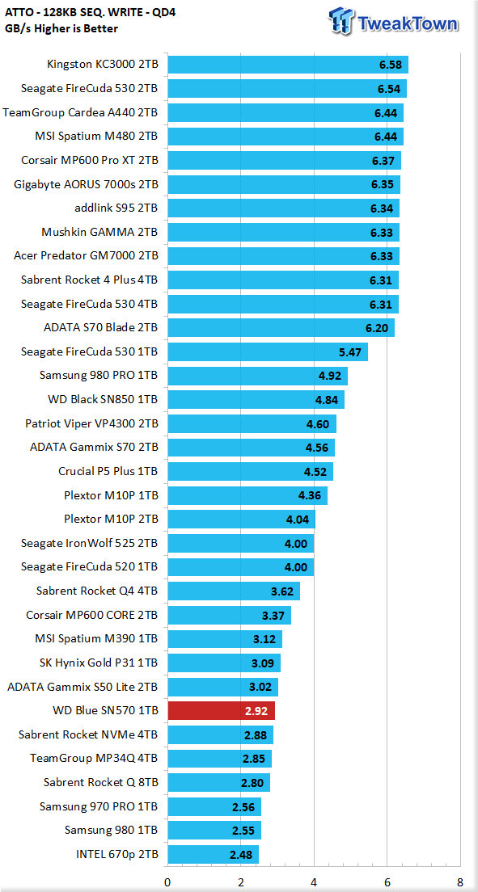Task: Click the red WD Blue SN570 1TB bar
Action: click(221, 710)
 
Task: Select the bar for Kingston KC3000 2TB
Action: click(288, 65)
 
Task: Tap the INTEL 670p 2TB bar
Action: click(213, 854)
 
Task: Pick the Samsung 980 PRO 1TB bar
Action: click(257, 376)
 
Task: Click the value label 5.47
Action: click(350, 352)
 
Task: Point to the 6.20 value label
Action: click(377, 328)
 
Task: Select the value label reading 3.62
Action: click(282, 591)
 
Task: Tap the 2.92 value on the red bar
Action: click(256, 710)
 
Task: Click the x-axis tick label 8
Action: click(459, 882)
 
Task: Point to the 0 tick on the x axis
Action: click(167, 882)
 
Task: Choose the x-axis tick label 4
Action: click(314, 882)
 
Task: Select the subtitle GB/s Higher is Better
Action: click(61, 28)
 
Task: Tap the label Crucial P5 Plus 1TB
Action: click(108, 472)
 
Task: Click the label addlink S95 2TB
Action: click(116, 208)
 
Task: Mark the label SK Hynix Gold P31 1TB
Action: click(99, 663)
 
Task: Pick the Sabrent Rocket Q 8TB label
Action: click(101, 782)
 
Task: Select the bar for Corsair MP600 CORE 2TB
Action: click(229, 615)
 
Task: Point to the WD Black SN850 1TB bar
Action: click(256, 400)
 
